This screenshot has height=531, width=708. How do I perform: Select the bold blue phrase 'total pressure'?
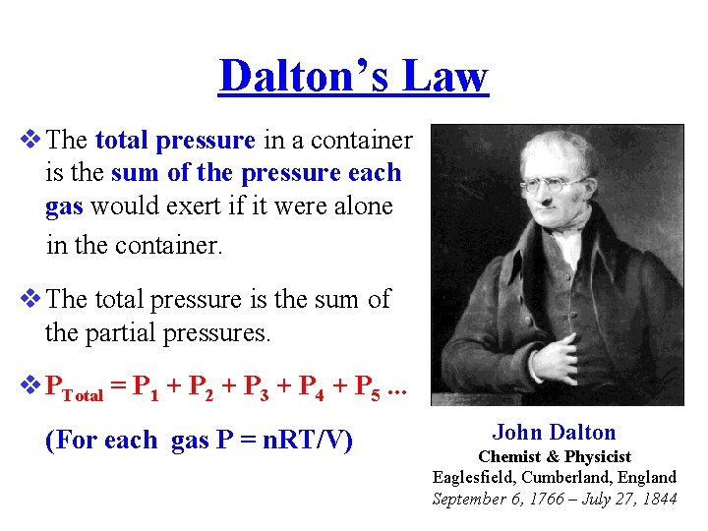tap(176, 140)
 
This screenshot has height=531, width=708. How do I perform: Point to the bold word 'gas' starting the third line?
tap(64, 206)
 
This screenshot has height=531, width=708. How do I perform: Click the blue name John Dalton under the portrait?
tap(555, 433)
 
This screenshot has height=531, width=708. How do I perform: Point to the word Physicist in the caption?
tap(595, 456)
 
